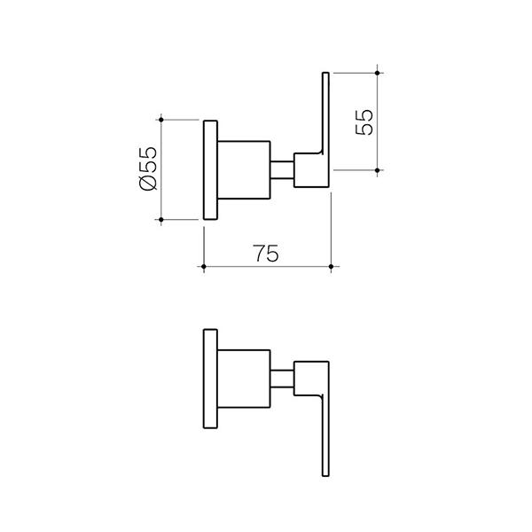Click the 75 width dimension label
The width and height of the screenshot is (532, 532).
click(x=266, y=253)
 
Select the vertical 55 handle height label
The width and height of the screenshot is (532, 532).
click(x=364, y=121)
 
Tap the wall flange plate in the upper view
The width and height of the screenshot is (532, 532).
click(x=210, y=168)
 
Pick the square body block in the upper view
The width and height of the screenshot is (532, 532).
click(x=243, y=168)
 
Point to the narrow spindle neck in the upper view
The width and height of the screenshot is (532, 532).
click(x=282, y=168)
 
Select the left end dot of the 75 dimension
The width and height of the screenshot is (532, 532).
click(x=204, y=266)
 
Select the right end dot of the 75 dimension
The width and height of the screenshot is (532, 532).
click(x=331, y=266)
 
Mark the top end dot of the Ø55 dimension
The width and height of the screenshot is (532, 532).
click(x=161, y=117)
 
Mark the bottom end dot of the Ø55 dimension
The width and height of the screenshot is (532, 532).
click(x=161, y=219)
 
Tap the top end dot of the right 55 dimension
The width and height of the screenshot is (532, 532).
click(x=378, y=71)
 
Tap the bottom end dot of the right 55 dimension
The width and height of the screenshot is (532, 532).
click(x=378, y=170)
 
